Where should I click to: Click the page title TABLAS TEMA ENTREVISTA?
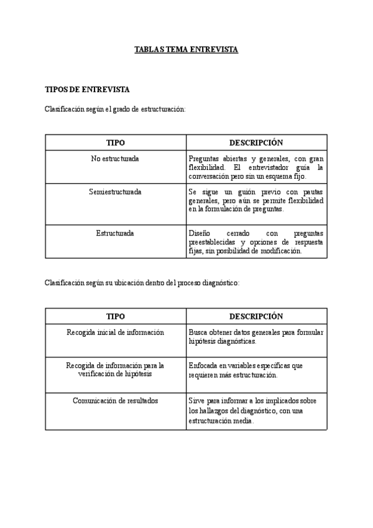tap(186, 49)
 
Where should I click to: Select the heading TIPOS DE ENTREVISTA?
tap(87, 90)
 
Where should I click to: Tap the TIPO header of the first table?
tap(115, 143)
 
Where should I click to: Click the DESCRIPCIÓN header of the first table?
tap(256, 143)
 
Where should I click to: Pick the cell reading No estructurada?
tap(115, 159)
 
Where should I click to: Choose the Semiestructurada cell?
tap(115, 192)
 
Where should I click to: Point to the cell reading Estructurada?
tap(115, 233)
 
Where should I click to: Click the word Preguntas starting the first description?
tap(203, 159)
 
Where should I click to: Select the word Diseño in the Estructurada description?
tap(200, 233)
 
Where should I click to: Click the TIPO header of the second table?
tap(115, 316)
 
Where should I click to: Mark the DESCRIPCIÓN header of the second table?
tap(256, 316)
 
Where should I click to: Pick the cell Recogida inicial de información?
tap(115, 332)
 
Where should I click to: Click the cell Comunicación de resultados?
tap(115, 400)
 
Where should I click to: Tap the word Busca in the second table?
tap(198, 332)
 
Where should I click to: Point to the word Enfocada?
tap(203, 365)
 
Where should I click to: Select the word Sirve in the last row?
tap(197, 400)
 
